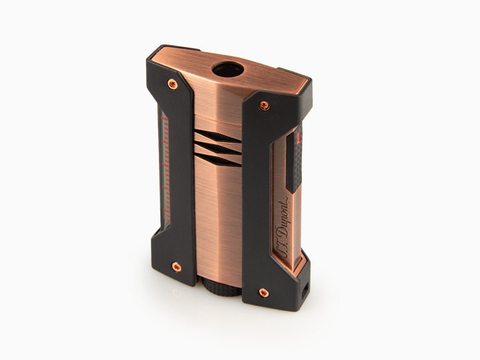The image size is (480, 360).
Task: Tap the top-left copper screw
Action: coord(173,85)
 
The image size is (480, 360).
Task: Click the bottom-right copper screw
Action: coord(263,292)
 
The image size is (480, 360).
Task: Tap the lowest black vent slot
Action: coord(218,160)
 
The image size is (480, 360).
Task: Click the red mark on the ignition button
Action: coord(299,137)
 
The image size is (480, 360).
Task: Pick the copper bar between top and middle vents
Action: coord(216,142)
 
